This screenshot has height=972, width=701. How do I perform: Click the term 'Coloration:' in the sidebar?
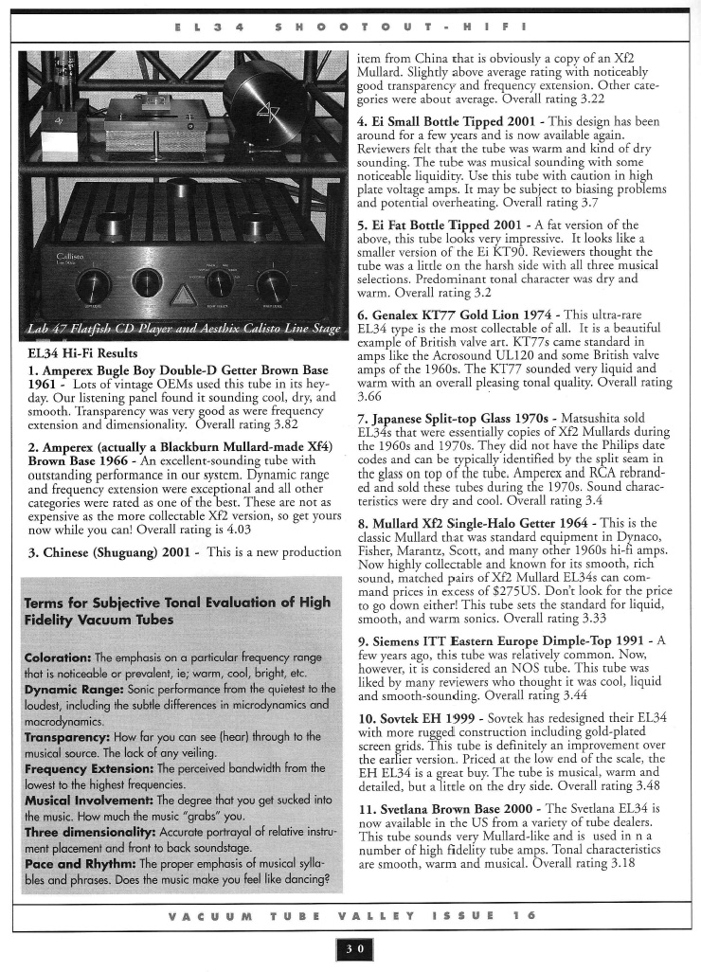tap(58, 657)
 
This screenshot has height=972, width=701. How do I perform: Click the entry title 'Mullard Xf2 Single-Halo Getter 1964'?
tap(492, 522)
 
